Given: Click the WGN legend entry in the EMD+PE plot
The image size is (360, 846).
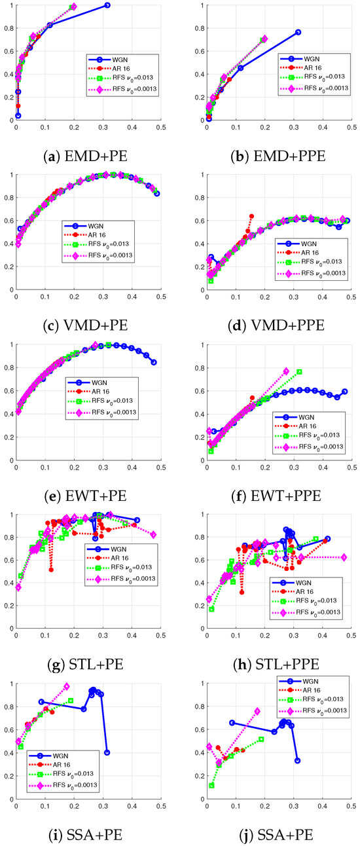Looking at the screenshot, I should [x=115, y=58].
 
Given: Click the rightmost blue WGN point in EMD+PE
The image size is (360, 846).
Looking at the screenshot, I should [x=107, y=5].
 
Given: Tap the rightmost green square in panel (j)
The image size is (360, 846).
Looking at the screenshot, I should [x=261, y=739].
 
